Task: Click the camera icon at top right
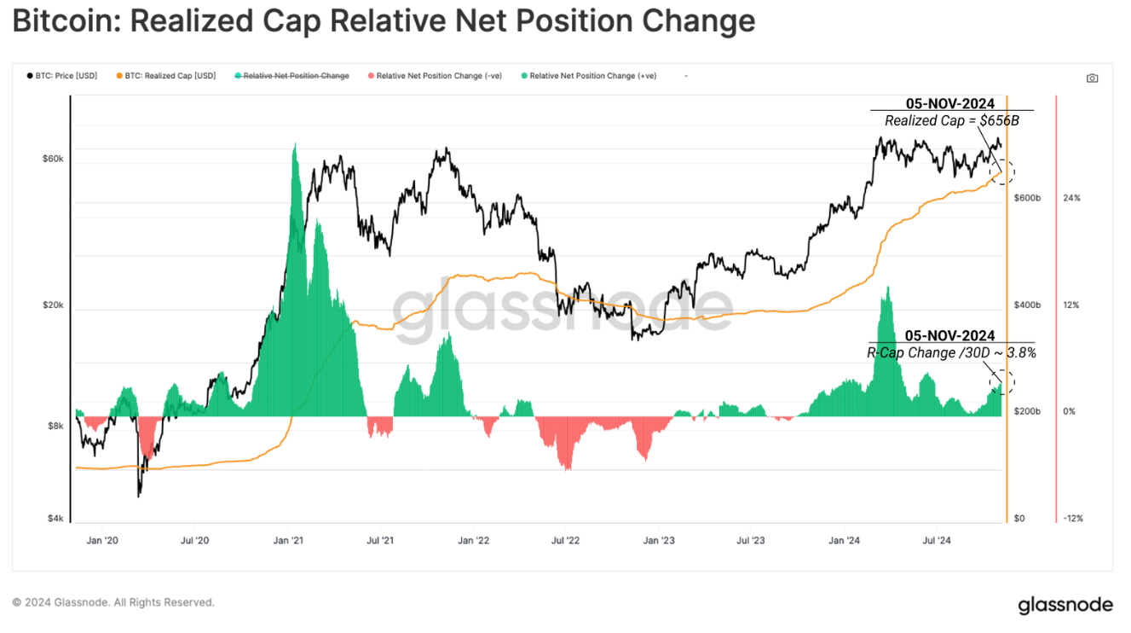tap(1092, 78)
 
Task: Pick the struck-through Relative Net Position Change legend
tap(296, 76)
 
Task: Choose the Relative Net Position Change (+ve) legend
tap(592, 76)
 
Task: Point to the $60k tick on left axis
tap(54, 159)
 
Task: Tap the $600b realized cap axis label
tap(1027, 198)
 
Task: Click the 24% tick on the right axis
tap(1071, 198)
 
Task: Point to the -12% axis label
tap(1072, 519)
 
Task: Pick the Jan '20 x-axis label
tap(102, 540)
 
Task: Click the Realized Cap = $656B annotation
tap(951, 121)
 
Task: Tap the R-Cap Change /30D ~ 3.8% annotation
tap(951, 352)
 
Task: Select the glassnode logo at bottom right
tap(1065, 605)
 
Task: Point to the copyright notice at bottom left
tap(113, 602)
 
